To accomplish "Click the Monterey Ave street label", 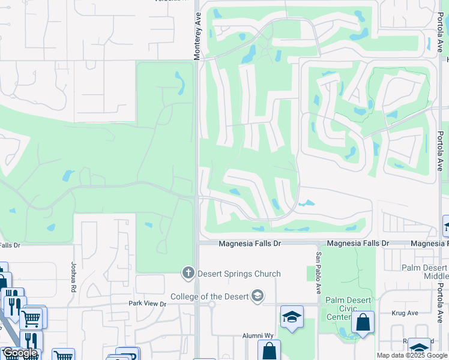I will (x=196, y=37).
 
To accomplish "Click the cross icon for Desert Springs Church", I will (x=188, y=274).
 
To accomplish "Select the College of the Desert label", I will (x=209, y=296).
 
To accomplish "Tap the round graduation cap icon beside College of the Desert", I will (x=258, y=296).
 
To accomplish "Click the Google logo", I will (x=20, y=353).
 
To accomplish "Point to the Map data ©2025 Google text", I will (x=412, y=355).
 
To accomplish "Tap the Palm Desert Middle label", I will (x=425, y=271).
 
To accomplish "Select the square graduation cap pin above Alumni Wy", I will (x=292, y=317).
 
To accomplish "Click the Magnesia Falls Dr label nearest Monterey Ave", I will (x=250, y=244).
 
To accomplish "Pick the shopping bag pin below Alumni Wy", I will (x=269, y=350).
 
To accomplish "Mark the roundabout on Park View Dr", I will (x=212, y=304).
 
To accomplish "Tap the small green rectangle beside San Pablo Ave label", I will (x=310, y=274).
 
